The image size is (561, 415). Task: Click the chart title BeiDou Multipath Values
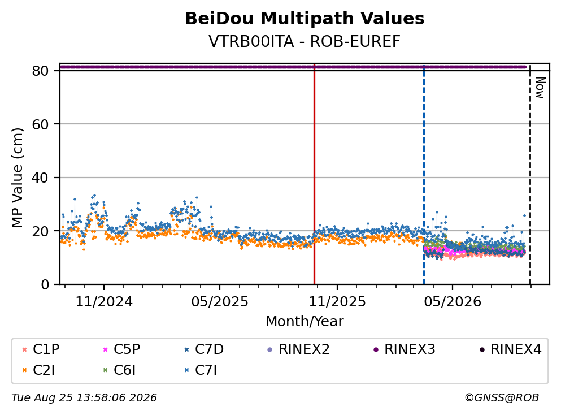305,19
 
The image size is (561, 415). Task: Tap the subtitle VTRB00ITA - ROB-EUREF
305,41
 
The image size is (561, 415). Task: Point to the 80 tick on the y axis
40,71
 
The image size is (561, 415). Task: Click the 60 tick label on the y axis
40,124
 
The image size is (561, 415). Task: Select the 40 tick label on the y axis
40,178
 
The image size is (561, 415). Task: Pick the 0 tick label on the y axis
45,284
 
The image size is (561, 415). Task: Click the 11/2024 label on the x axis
104,302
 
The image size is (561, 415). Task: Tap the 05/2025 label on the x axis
219,302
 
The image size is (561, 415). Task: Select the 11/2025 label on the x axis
337,302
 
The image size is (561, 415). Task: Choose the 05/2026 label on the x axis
453,302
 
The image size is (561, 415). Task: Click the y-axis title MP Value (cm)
17,178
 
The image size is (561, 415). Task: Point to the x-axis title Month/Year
305,322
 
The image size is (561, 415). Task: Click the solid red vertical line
314,174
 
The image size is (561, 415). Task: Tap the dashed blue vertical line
424,174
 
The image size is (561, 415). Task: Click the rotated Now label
540,88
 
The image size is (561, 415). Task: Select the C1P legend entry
41,349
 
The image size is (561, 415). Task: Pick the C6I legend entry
119,370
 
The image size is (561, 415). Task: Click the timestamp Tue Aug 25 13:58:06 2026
84,398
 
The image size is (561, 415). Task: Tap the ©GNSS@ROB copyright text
502,398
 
